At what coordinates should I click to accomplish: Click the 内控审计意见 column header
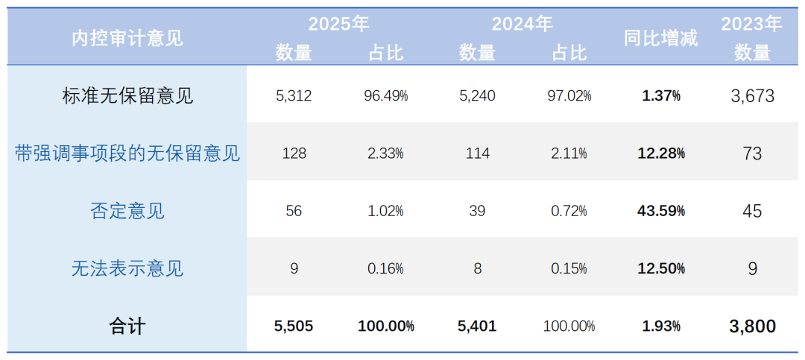(127, 39)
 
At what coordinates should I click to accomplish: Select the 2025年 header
(339, 24)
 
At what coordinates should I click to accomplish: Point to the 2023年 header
(751, 24)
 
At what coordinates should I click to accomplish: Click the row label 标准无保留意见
(127, 95)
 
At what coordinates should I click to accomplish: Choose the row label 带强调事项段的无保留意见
(127, 153)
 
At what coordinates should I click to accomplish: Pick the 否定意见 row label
(127, 210)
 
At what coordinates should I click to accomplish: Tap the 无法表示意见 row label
(127, 268)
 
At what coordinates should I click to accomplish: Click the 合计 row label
(127, 326)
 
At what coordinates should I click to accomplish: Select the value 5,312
(294, 96)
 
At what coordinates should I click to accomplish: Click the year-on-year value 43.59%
(662, 210)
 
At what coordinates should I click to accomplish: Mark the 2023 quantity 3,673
(752, 96)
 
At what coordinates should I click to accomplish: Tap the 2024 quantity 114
(478, 154)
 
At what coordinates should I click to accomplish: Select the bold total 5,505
(294, 326)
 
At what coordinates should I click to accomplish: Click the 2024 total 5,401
(478, 326)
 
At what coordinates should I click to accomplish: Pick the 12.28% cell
(662, 154)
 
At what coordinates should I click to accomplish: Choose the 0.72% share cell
(569, 210)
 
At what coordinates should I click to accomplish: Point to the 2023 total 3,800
(752, 326)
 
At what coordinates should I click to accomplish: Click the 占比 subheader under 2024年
(569, 53)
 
